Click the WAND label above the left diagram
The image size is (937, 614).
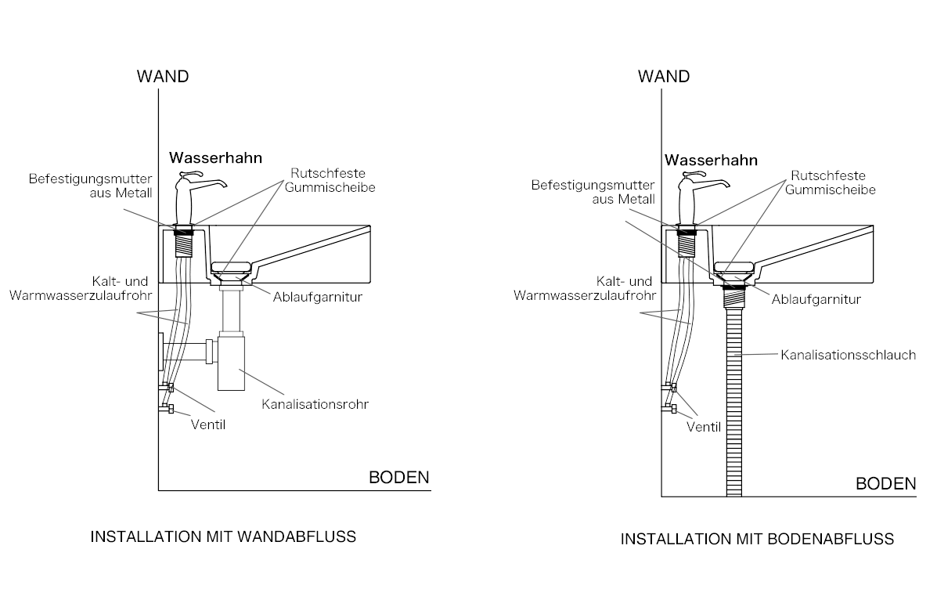point(163,77)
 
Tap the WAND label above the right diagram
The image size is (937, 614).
point(664,77)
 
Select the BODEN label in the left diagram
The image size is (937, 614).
point(399,478)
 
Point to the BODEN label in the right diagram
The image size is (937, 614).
point(885,483)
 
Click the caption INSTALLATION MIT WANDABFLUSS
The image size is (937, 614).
point(224,537)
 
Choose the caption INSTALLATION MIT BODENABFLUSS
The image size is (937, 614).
point(757,539)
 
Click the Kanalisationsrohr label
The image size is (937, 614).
point(315,405)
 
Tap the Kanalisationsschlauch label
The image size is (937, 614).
point(848,355)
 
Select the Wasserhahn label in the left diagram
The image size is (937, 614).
point(216,157)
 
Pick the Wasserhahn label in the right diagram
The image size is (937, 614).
point(711,160)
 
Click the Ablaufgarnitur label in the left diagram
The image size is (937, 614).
point(318,298)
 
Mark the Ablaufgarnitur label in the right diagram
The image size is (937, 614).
point(816,299)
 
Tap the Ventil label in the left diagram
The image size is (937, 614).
point(208,424)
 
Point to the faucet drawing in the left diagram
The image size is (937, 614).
point(192,200)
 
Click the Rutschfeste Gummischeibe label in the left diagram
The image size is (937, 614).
point(329,181)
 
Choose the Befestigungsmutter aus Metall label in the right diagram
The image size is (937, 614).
point(593,193)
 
